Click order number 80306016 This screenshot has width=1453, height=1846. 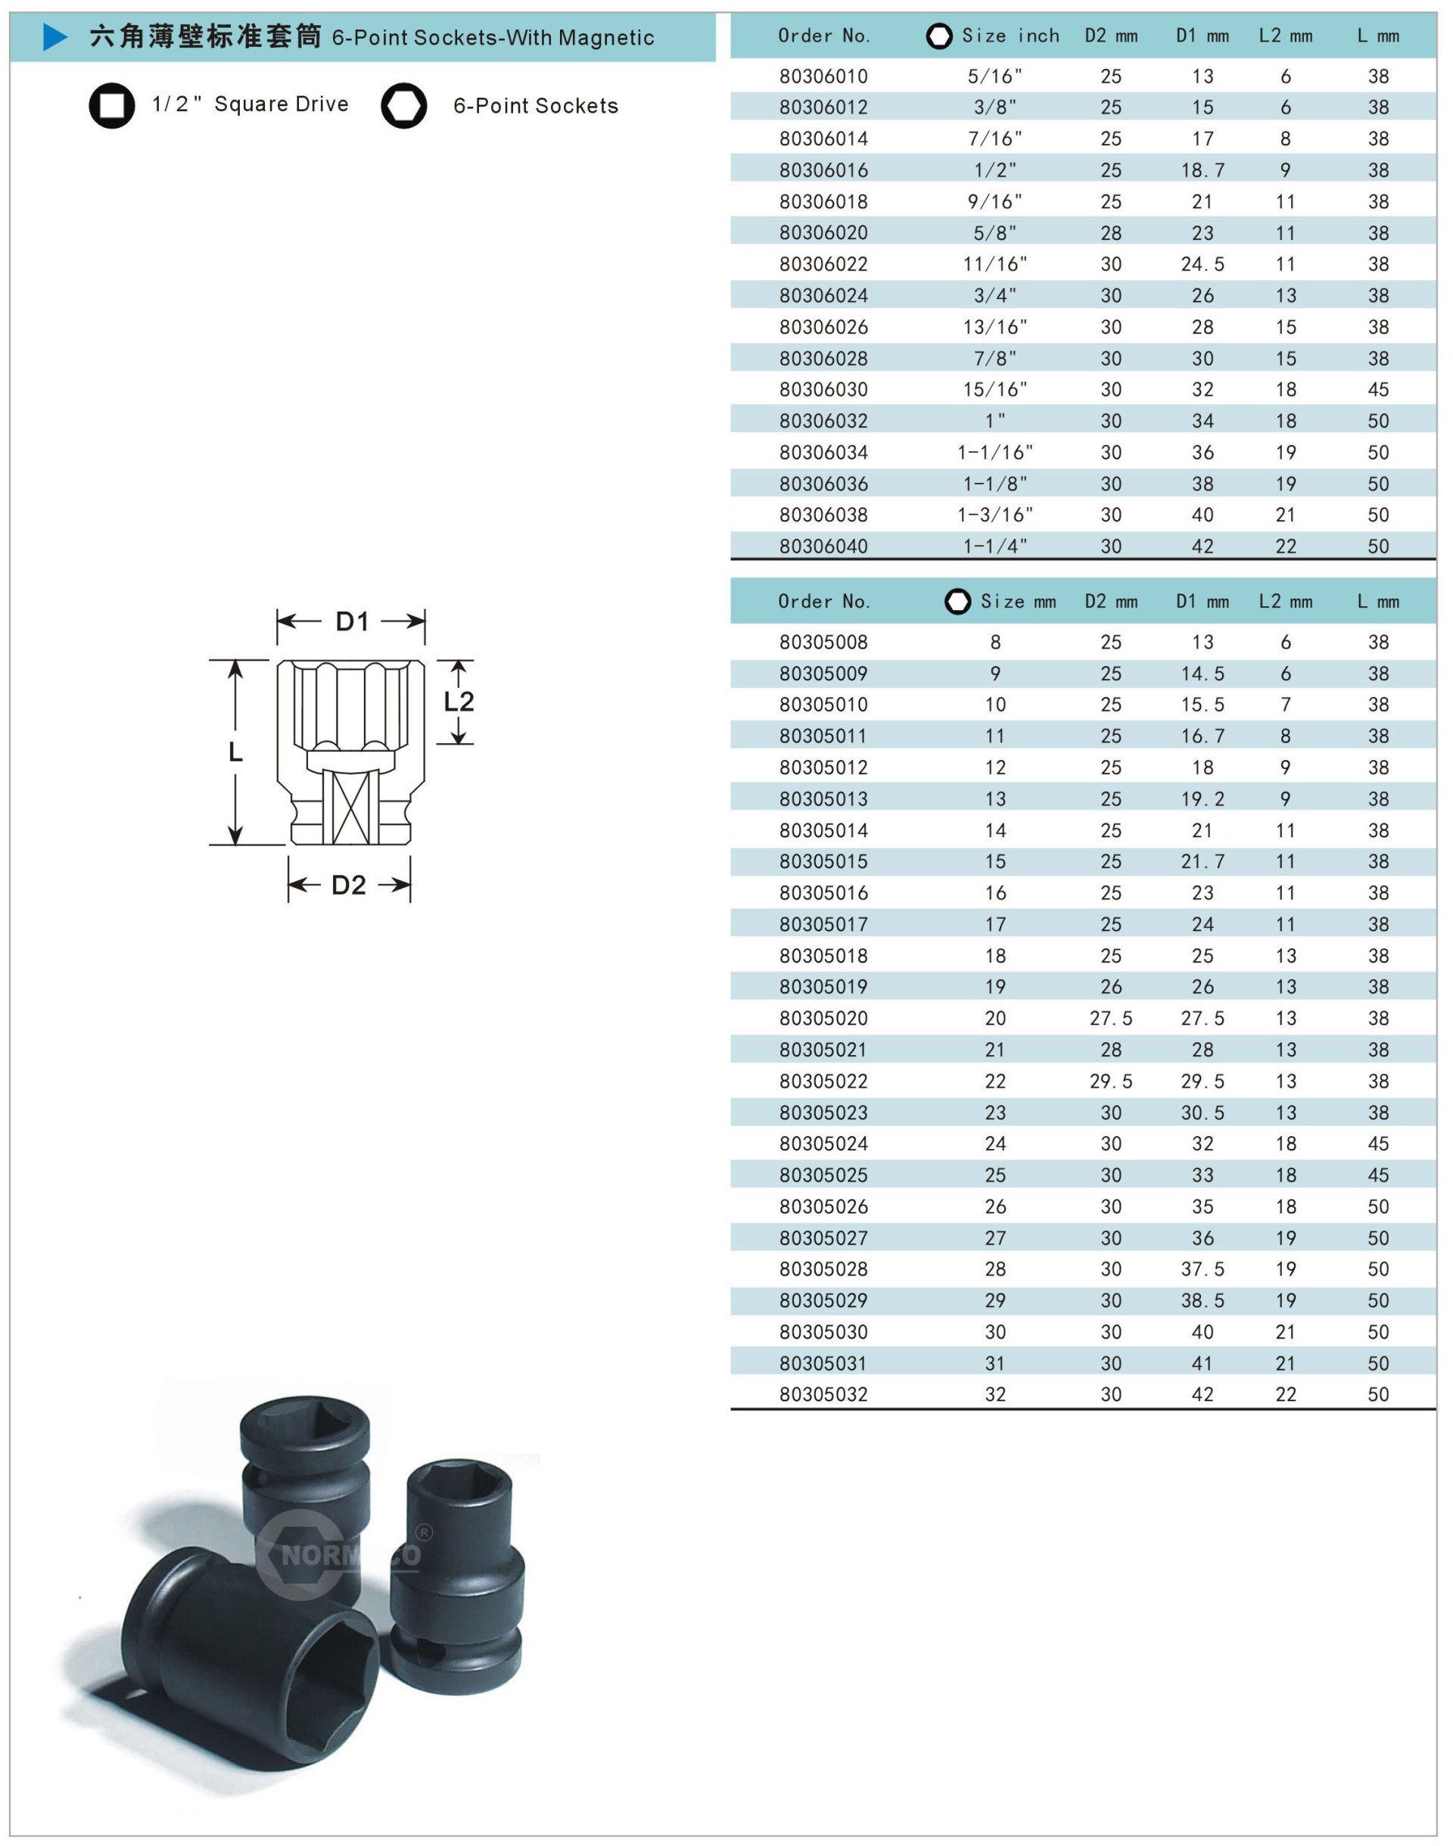(x=823, y=170)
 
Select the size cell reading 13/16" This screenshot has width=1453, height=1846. (x=995, y=327)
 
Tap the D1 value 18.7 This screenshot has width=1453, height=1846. (x=1202, y=170)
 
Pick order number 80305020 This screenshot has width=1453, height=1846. (x=823, y=1018)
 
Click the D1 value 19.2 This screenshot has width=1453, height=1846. (x=1202, y=798)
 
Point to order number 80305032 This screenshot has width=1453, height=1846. (x=823, y=1394)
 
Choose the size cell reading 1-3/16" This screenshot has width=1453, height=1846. (x=995, y=515)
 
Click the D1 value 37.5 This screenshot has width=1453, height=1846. (x=1202, y=1269)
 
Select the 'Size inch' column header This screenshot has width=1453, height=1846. (x=1010, y=36)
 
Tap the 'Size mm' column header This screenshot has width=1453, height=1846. (x=1019, y=602)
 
